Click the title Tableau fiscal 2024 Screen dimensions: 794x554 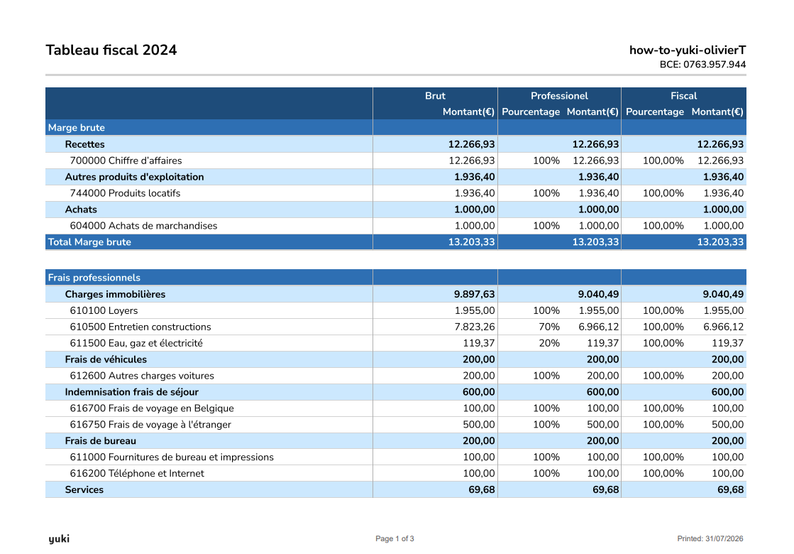point(111,50)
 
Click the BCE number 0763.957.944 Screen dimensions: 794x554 point(715,65)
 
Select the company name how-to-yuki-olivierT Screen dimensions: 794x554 point(687,50)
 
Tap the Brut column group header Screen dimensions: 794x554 point(435,96)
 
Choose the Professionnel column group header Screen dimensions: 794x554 point(559,96)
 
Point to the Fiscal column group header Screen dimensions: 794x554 point(683,96)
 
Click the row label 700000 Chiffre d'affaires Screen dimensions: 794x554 point(126,161)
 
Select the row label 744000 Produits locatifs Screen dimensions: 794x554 point(125,193)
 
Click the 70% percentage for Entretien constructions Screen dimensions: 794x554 point(549,327)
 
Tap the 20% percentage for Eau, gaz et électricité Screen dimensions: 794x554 point(549,343)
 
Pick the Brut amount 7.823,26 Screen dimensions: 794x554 point(475,327)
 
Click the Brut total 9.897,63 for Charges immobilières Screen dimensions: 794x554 point(475,295)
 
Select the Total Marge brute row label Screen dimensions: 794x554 point(89,241)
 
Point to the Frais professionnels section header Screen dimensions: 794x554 point(94,278)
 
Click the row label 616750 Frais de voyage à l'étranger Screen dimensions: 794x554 point(150,425)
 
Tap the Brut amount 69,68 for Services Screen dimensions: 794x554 point(482,489)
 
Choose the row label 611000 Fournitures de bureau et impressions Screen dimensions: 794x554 point(172,457)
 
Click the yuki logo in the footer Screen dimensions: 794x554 point(59,539)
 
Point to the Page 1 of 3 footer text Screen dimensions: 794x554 point(395,539)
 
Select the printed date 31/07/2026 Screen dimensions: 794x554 point(724,539)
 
